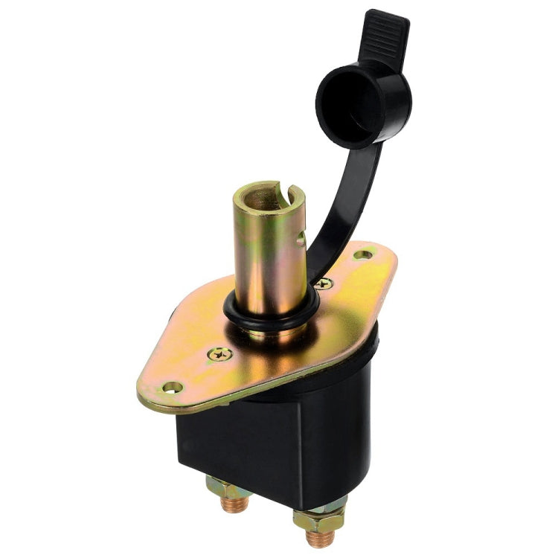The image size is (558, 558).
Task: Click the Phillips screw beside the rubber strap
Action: [322, 283]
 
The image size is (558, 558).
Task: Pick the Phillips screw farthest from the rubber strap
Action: [219, 354]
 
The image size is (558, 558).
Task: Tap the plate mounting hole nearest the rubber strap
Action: [362, 255]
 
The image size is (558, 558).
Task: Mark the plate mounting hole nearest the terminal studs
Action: [172, 388]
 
